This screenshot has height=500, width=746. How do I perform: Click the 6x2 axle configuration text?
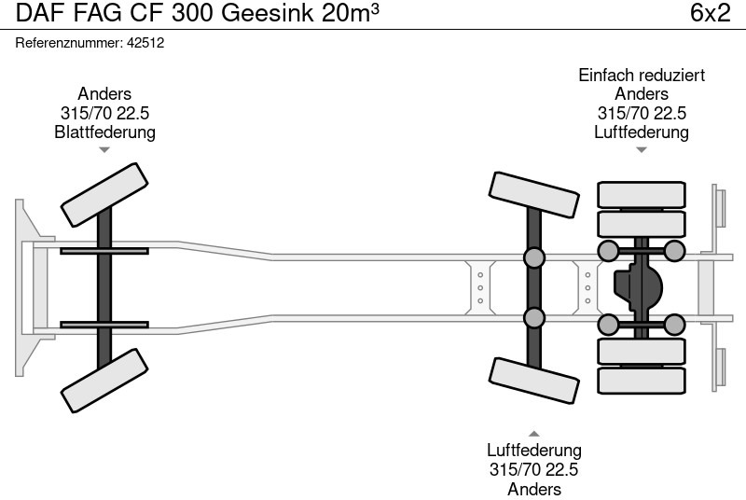click(710, 14)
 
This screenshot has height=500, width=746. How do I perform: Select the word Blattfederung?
click(104, 132)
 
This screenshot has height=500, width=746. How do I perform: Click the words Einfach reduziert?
click(642, 75)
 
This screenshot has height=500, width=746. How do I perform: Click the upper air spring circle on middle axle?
click(533, 258)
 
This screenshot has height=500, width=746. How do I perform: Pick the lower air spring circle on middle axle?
click(533, 318)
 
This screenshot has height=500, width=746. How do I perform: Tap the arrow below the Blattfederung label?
click(104, 149)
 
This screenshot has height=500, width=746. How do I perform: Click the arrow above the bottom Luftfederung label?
click(533, 433)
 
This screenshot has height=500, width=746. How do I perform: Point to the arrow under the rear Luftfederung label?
click(642, 149)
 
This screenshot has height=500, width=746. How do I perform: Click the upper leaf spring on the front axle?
click(104, 250)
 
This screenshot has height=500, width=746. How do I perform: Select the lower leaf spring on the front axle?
click(104, 325)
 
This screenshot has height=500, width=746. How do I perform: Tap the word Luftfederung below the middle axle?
click(533, 451)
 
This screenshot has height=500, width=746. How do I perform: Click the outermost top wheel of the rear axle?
click(642, 195)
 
